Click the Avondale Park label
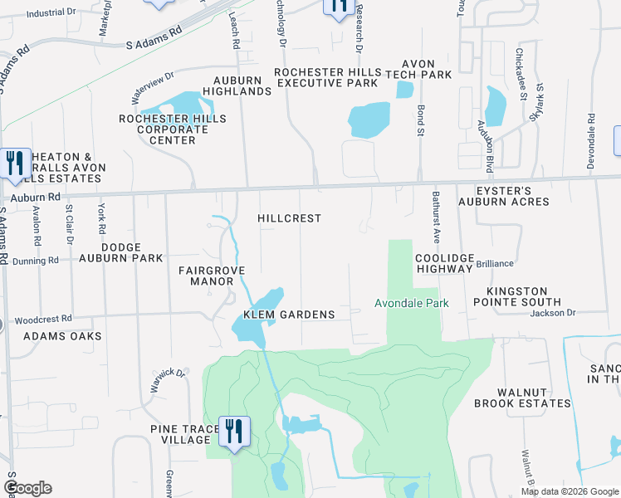[x=411, y=303]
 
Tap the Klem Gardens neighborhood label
[x=289, y=315]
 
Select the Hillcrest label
[x=289, y=218]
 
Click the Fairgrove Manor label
[x=206, y=276]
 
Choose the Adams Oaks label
[x=62, y=336]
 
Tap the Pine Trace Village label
[x=180, y=434]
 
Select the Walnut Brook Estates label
[x=522, y=398]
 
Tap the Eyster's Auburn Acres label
[x=515, y=196]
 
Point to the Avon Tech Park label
[x=426, y=69]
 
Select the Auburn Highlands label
[x=237, y=85]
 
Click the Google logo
[x=27, y=488]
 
